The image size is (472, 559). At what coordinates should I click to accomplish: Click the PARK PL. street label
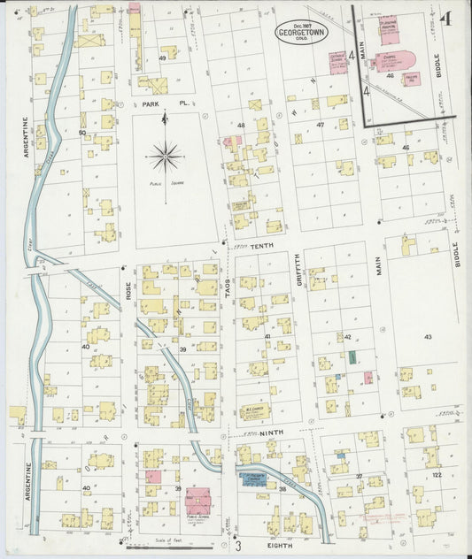pos(164,103)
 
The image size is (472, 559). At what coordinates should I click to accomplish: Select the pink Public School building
pos(197,502)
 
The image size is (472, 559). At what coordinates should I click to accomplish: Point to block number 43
pos(428,338)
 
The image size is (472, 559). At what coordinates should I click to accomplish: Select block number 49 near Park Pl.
pos(162,58)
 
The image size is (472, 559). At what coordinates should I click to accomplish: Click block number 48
pos(240,126)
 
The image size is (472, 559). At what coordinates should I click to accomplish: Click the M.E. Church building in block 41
pos(255,410)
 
